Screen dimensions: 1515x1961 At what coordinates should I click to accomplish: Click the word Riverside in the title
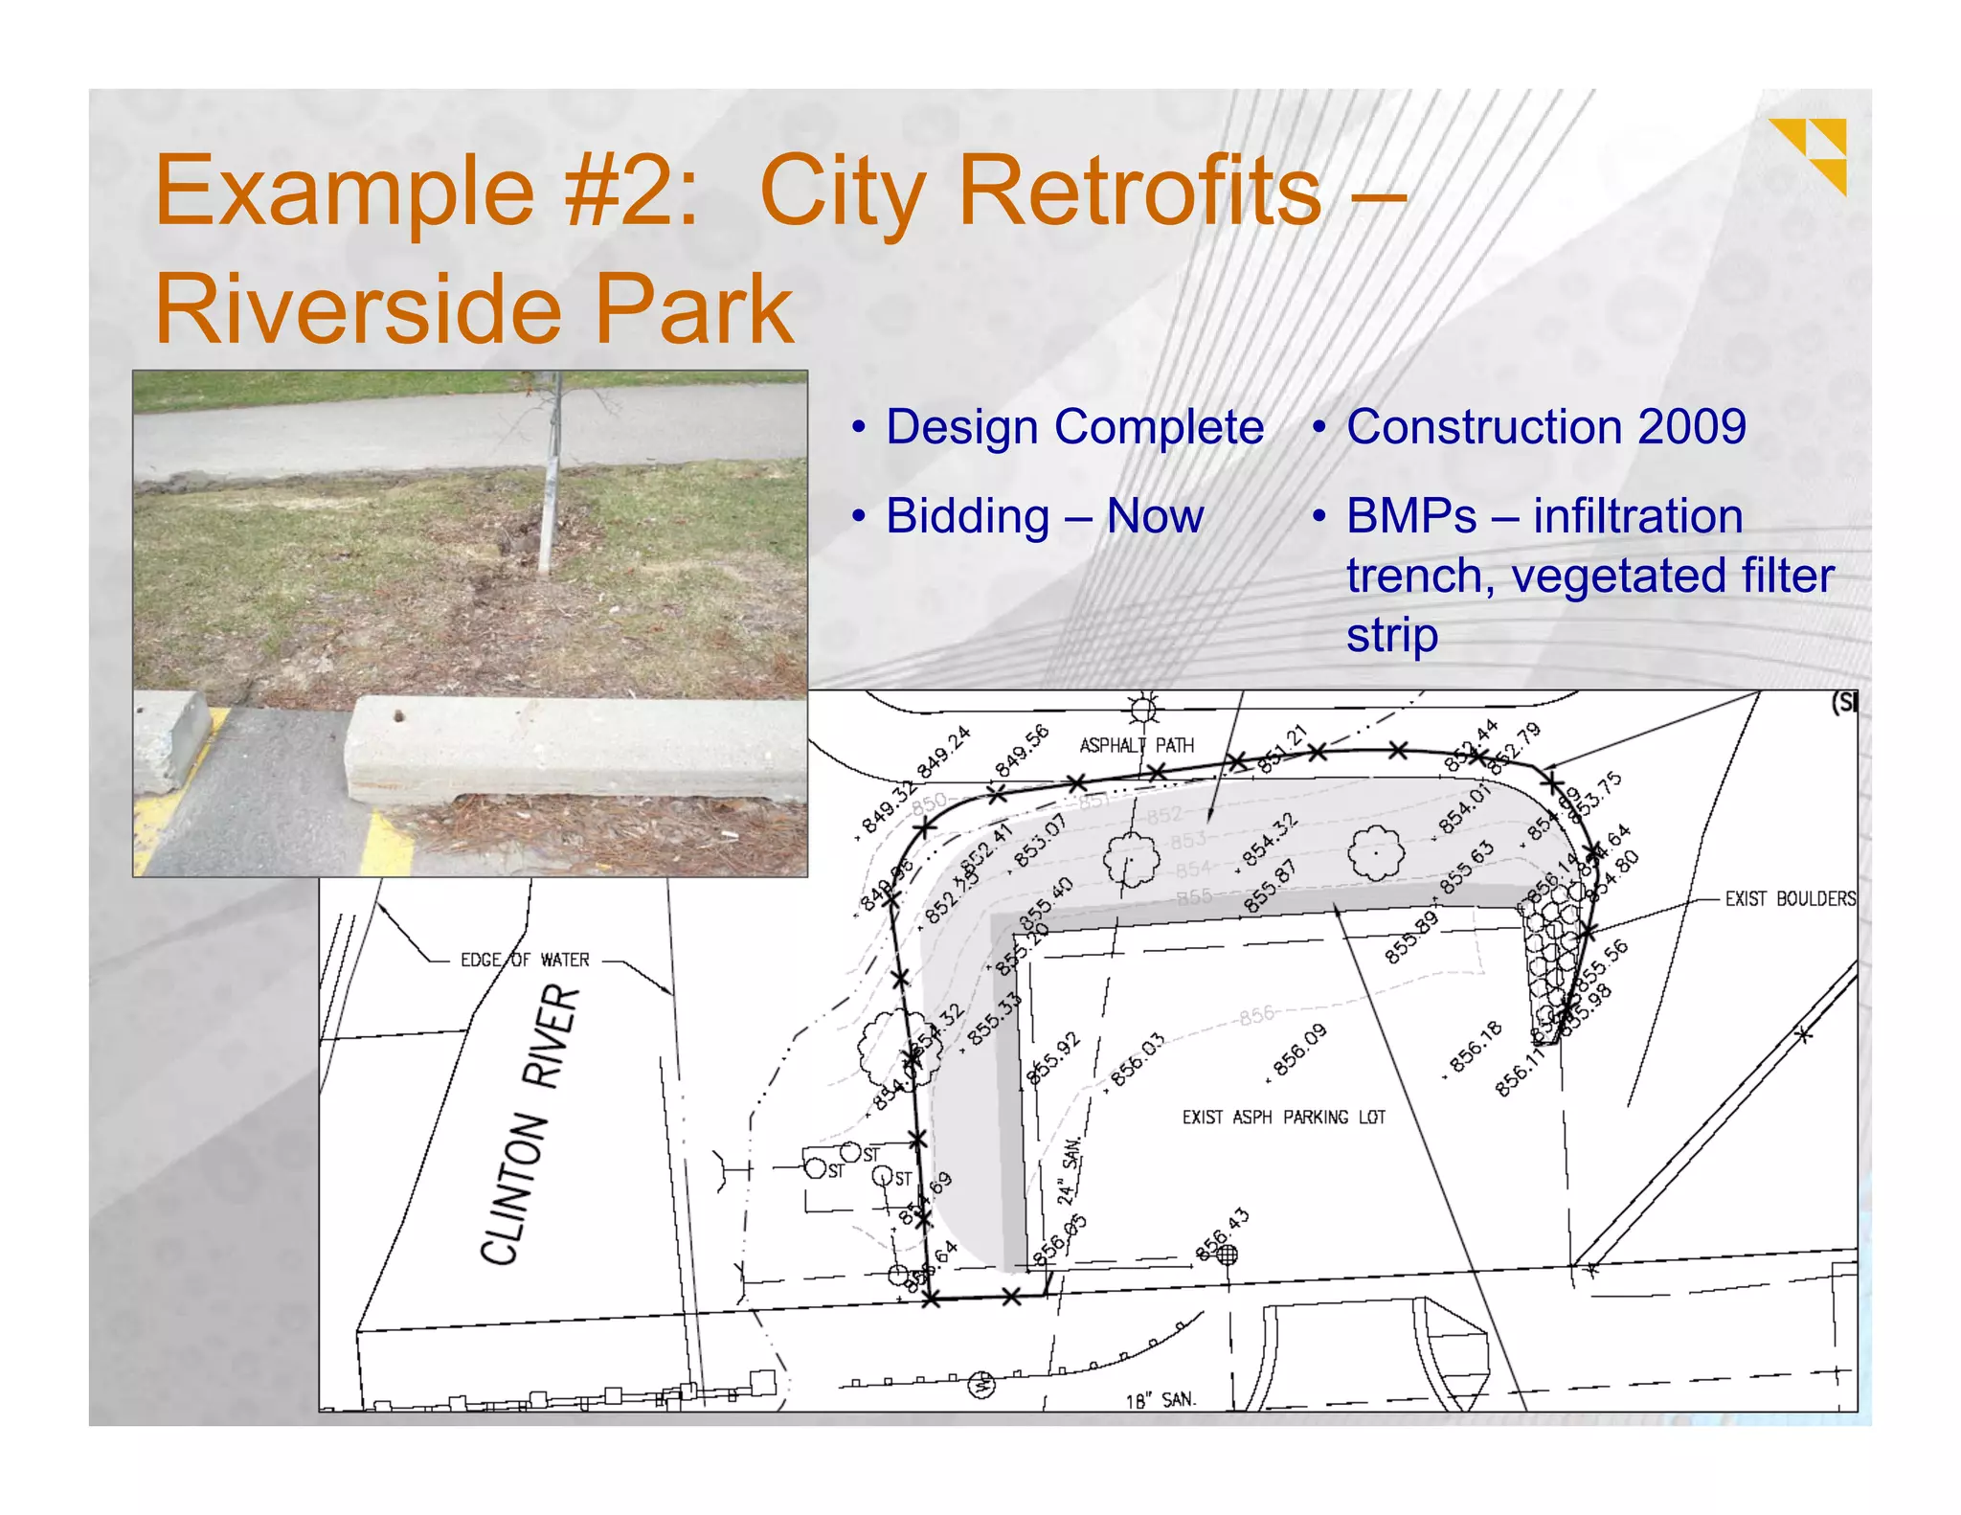(x=364, y=308)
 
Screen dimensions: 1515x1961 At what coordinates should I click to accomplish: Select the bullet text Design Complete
(x=1073, y=427)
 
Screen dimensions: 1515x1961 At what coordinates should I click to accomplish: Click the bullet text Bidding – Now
(x=1044, y=516)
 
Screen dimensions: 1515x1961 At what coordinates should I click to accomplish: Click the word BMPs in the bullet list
(x=1410, y=516)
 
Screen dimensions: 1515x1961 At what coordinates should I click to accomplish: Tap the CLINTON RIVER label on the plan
(x=530, y=1125)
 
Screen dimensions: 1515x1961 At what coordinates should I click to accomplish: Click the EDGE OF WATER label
(x=525, y=960)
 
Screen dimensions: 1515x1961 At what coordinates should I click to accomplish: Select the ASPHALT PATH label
(x=1137, y=745)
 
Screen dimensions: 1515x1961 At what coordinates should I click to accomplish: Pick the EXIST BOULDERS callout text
(x=1790, y=898)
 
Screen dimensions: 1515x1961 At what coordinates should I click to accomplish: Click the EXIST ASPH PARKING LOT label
(x=1283, y=1118)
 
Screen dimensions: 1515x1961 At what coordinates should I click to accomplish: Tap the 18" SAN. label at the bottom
(x=1160, y=1400)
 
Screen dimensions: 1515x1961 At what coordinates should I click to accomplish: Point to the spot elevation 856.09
(x=1299, y=1050)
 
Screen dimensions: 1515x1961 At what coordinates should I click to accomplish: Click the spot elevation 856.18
(x=1475, y=1046)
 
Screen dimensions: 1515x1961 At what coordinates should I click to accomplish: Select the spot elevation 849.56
(x=1022, y=751)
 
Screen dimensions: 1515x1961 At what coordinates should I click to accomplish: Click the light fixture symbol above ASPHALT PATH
(x=1143, y=710)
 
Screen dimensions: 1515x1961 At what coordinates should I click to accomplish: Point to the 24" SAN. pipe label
(x=1069, y=1170)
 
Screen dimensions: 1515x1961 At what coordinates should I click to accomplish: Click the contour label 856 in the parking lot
(x=1256, y=1014)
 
